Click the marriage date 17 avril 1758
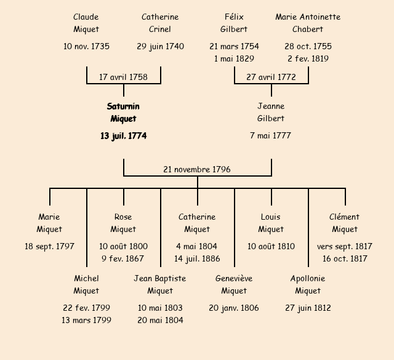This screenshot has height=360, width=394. click(x=123, y=77)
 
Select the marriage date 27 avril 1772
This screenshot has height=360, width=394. click(x=271, y=77)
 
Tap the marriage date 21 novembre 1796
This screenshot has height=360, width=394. click(x=197, y=169)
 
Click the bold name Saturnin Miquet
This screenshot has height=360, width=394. click(x=123, y=113)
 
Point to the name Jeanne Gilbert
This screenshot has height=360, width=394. click(x=271, y=113)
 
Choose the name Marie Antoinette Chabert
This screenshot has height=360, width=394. click(x=308, y=23)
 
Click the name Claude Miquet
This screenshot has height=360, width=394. click(x=86, y=23)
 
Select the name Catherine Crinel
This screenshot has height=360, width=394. click(x=160, y=23)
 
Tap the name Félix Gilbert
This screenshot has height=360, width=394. click(x=234, y=23)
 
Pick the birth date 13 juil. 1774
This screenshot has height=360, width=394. click(x=123, y=135)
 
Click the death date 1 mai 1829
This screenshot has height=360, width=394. click(x=234, y=58)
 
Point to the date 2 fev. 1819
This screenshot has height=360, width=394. click(x=308, y=58)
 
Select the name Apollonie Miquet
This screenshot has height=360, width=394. click(x=308, y=284)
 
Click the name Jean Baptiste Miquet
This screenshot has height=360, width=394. click(x=160, y=284)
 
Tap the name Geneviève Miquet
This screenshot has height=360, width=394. click(x=234, y=284)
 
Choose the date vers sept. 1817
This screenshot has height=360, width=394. click(x=345, y=246)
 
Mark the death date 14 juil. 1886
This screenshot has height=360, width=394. click(x=197, y=258)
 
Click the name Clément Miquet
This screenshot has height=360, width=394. click(x=345, y=223)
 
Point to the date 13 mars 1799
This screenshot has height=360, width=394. click(x=86, y=320)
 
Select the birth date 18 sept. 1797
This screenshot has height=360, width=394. click(x=49, y=246)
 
